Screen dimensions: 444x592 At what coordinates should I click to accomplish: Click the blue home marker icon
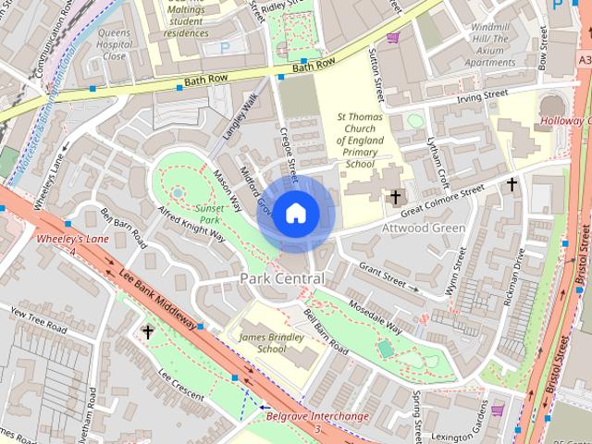tap(294, 213)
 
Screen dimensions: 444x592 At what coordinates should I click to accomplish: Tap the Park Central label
tap(282, 278)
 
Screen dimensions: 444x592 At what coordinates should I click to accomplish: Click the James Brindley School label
tap(271, 343)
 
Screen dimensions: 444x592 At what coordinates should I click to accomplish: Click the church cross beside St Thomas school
tap(395, 197)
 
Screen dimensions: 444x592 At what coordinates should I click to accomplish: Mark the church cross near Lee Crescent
tap(147, 331)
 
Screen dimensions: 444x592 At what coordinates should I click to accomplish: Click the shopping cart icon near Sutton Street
tap(393, 38)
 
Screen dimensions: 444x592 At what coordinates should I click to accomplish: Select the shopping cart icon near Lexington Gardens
tap(498, 410)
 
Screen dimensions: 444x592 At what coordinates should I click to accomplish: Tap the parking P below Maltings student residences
tap(224, 48)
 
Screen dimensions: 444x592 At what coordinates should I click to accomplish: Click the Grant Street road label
tap(383, 273)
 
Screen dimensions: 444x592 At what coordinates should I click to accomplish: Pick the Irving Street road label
tap(482, 94)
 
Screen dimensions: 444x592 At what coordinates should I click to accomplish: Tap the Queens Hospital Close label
tap(114, 43)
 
